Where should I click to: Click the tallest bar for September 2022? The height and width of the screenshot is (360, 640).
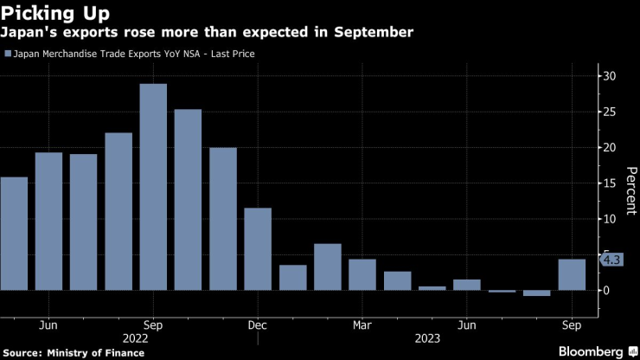(153, 186)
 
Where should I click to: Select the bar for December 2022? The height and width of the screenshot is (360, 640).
(258, 248)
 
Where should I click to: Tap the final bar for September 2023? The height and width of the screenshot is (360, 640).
(572, 274)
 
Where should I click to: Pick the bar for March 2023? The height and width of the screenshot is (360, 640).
(362, 274)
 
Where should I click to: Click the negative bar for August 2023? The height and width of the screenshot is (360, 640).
(536, 293)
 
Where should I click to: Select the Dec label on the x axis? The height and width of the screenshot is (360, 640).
(258, 325)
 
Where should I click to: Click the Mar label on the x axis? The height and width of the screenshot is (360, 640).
(362, 325)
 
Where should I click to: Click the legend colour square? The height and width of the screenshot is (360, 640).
(8, 54)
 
